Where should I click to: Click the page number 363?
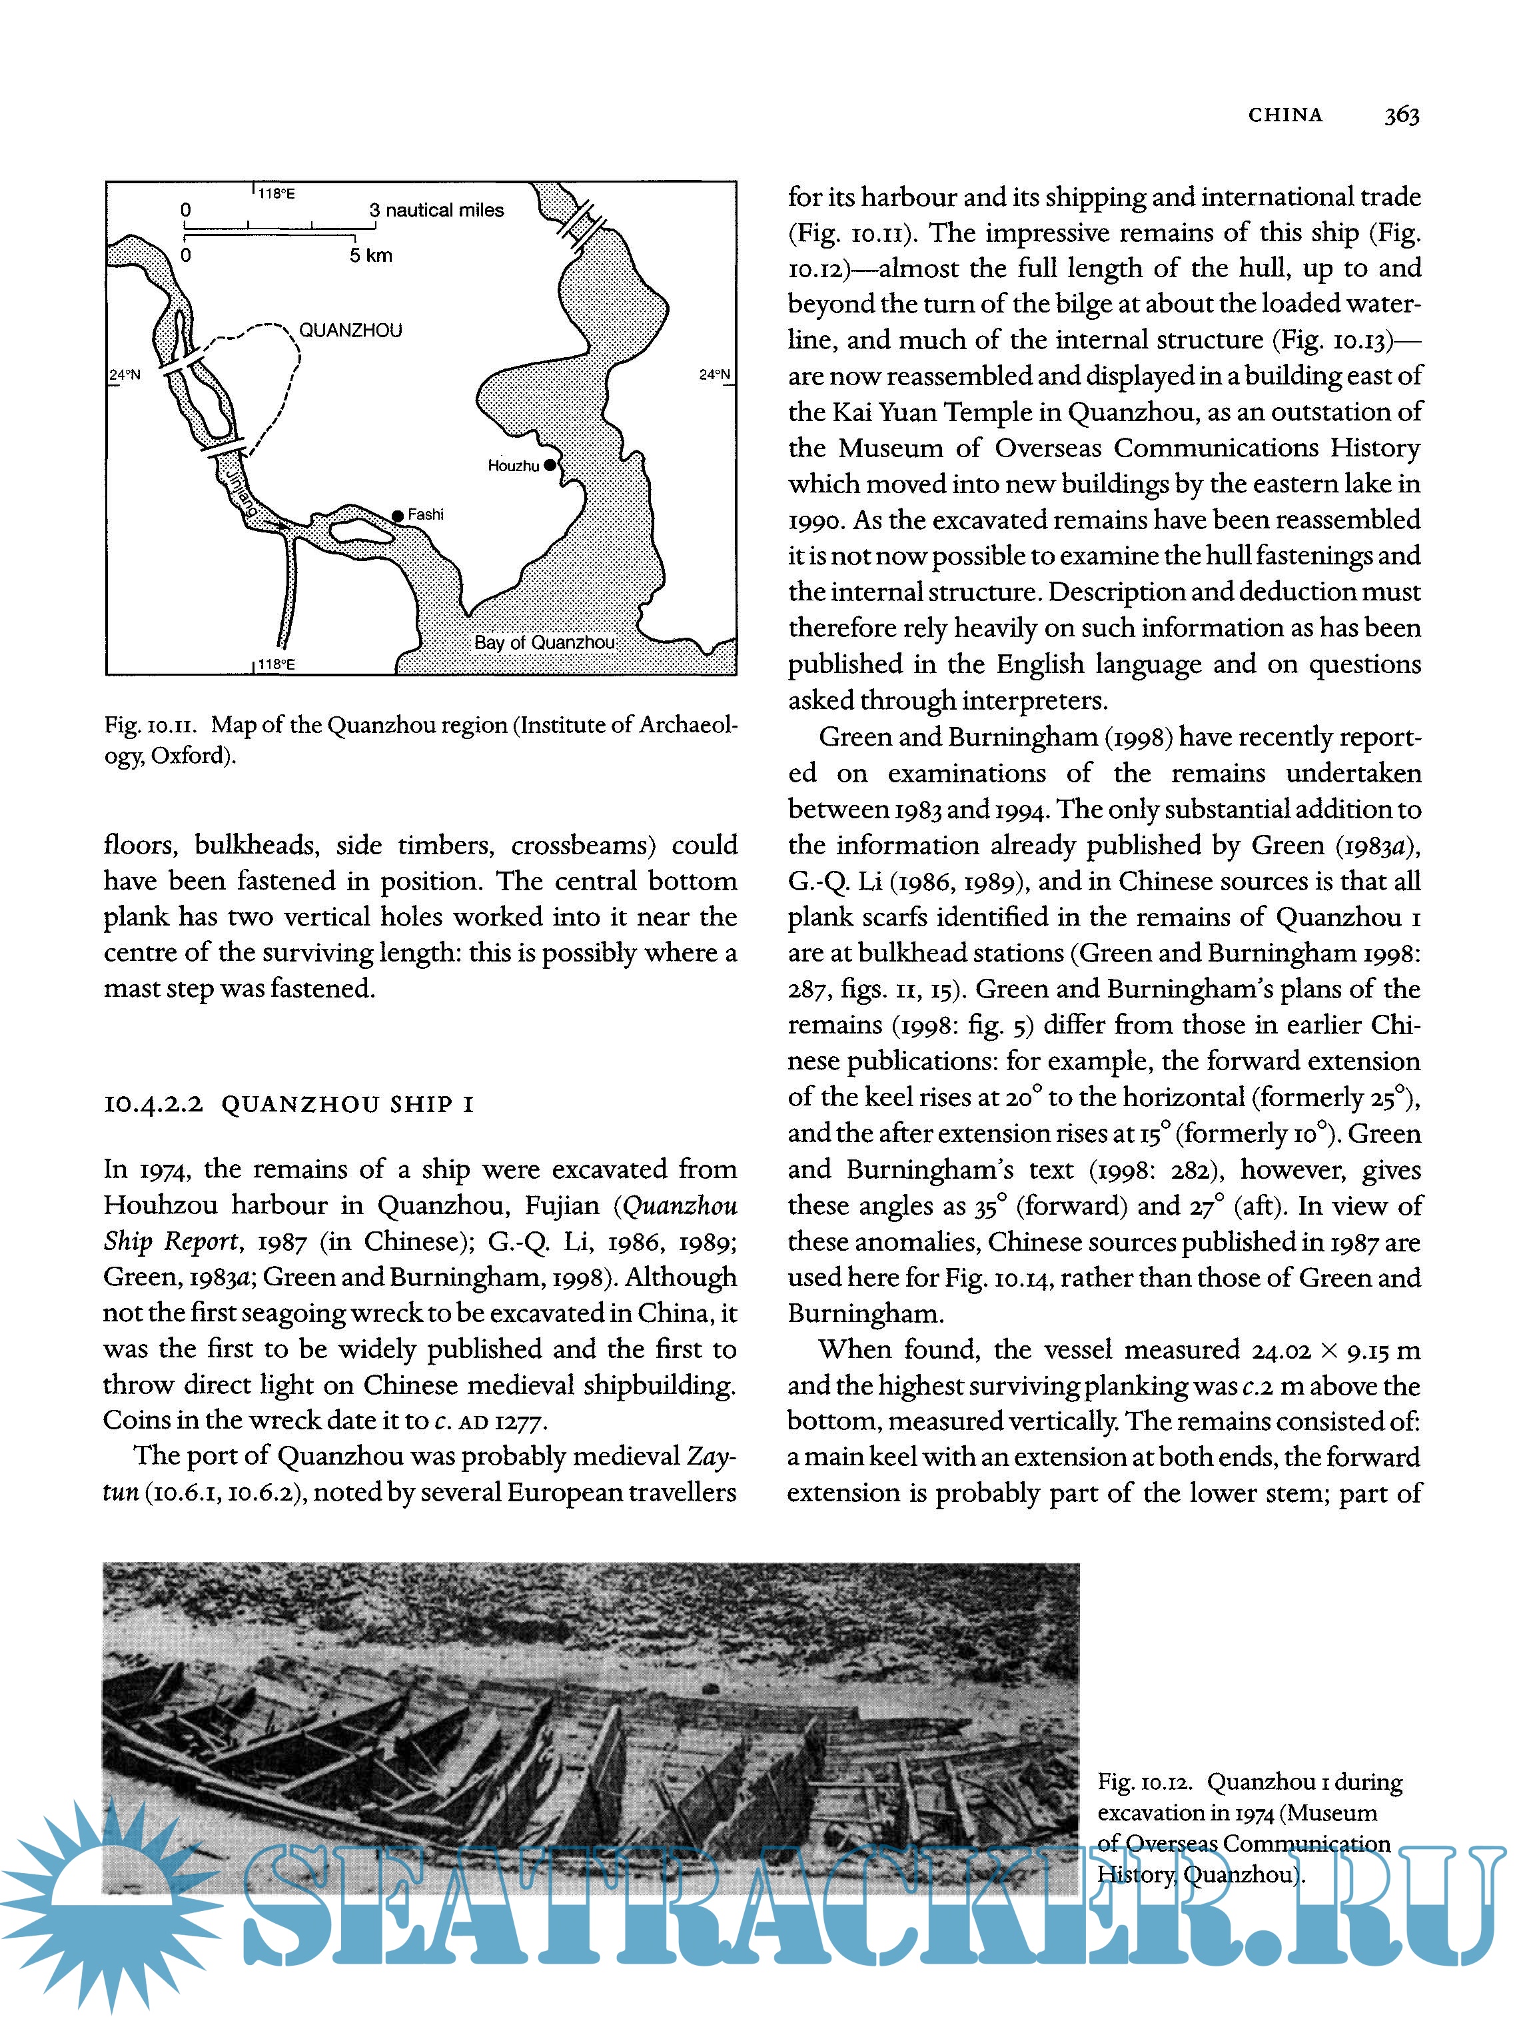1402,115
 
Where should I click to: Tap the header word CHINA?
1284,115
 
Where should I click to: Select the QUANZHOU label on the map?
350,330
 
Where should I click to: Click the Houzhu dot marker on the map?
550,465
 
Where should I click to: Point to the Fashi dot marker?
398,516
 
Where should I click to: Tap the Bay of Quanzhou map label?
544,642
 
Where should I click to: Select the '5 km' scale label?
370,255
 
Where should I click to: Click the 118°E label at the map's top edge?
275,193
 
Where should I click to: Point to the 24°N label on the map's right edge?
715,374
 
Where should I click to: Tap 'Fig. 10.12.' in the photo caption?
1145,1782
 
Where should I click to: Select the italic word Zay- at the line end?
712,1456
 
